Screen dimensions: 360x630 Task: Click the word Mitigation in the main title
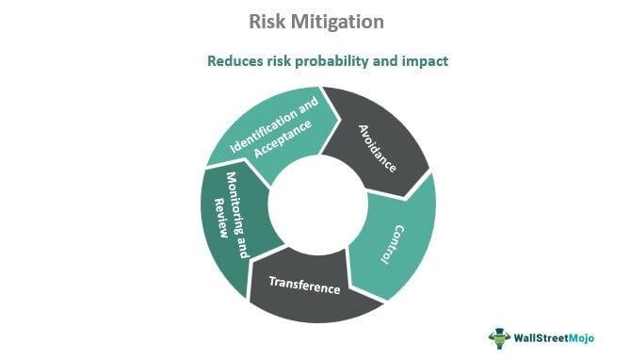click(x=335, y=20)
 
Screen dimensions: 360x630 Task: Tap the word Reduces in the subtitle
click(x=234, y=61)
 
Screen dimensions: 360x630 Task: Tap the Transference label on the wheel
click(x=303, y=284)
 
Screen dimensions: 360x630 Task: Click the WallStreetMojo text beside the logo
click(x=562, y=337)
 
